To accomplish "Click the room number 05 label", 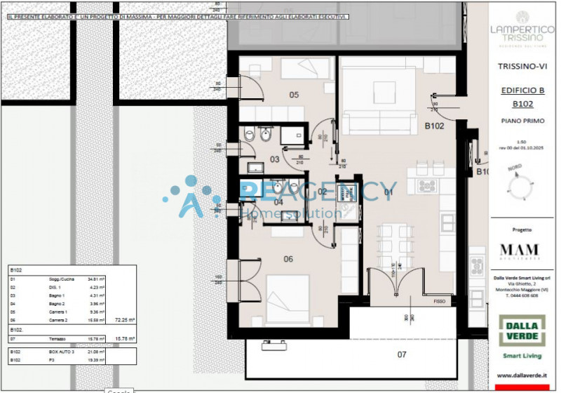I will click(294, 95).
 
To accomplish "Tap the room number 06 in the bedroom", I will click(288, 258).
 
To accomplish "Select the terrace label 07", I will click(402, 354).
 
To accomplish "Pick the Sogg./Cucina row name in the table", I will click(60, 279).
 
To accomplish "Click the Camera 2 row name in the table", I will click(58, 319).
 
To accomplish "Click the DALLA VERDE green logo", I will click(522, 331).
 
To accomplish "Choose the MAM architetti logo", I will click(520, 251).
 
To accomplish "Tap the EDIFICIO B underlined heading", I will click(522, 91).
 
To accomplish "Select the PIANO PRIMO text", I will click(522, 121).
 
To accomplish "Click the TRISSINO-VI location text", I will click(522, 67).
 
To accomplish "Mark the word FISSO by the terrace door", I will click(440, 301).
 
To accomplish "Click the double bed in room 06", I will click(288, 293).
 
